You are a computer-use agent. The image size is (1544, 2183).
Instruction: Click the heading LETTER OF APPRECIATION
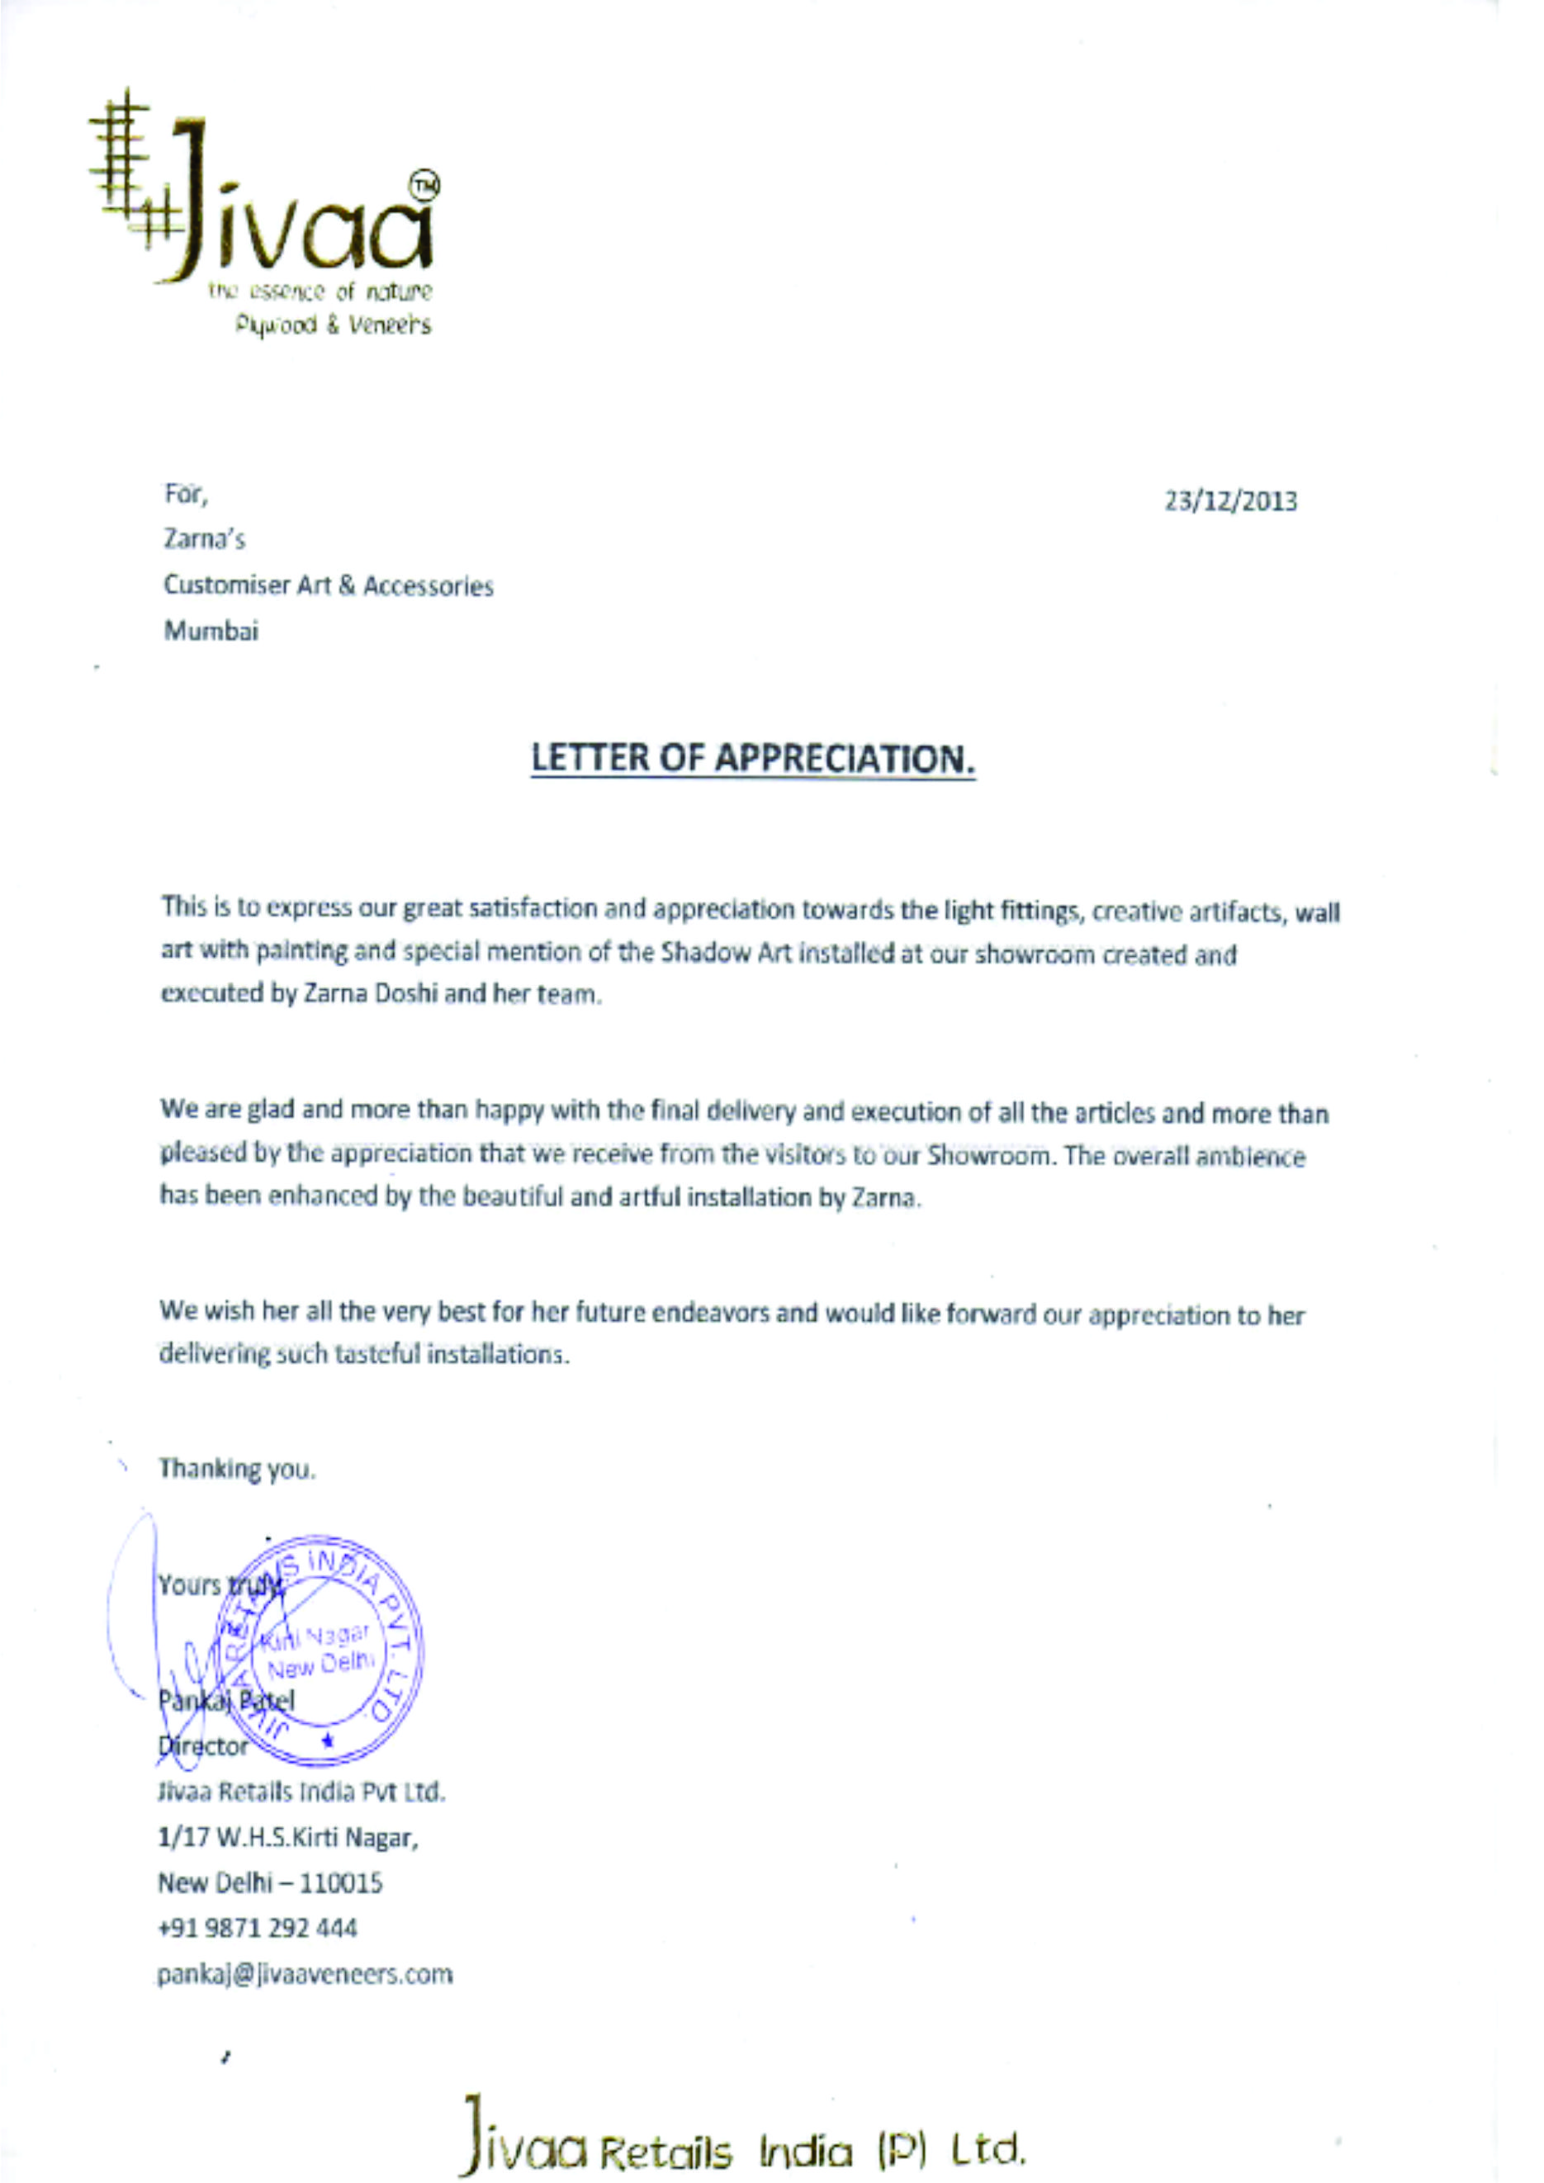pos(753,758)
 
